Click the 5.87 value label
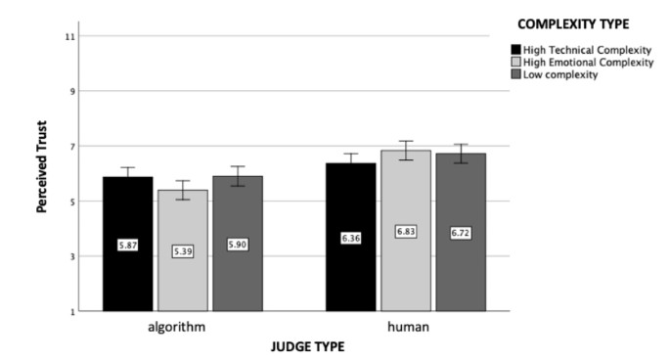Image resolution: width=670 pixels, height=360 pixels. [127, 245]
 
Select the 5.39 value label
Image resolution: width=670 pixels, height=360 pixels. [182, 251]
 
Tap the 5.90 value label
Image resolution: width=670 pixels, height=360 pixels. [237, 245]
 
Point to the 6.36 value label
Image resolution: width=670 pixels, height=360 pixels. [350, 238]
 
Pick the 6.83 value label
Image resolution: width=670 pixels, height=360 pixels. [405, 231]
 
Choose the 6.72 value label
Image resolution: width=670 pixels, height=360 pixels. [460, 233]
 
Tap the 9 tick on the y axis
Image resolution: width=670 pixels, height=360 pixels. [71, 91]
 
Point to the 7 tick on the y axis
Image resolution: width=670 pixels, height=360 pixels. [71, 147]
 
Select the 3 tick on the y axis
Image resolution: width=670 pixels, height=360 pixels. [71, 256]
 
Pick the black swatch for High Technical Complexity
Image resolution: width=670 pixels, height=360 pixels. [515, 50]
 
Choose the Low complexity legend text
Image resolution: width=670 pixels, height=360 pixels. [560, 75]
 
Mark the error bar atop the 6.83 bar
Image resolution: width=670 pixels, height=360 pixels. [405, 150]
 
